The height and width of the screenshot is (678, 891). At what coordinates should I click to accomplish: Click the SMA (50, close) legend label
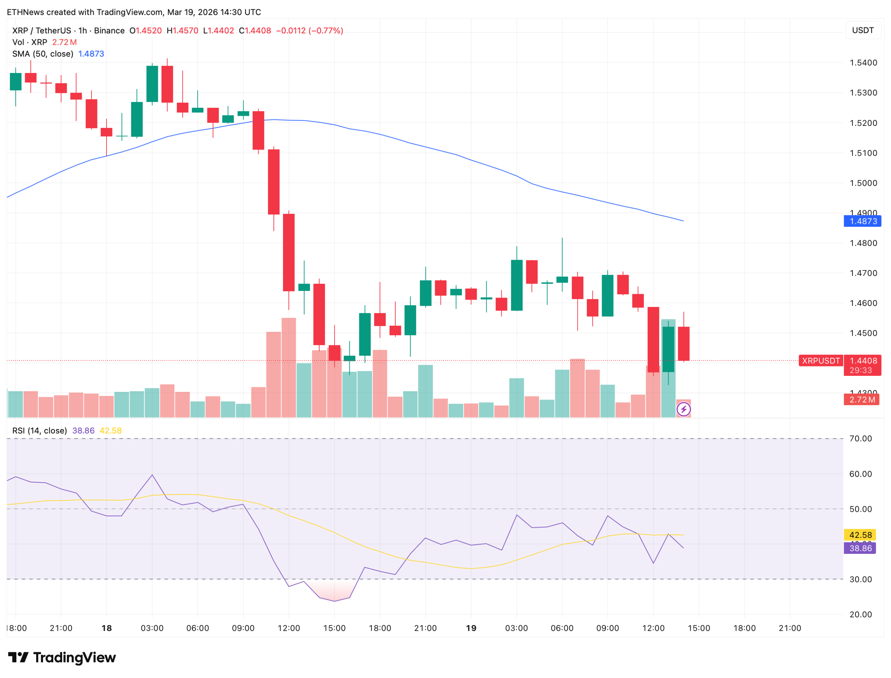tap(42, 54)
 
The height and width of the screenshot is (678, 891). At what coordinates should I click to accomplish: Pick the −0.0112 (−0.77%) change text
tap(309, 31)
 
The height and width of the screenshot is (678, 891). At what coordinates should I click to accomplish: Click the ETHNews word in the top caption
tap(25, 12)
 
